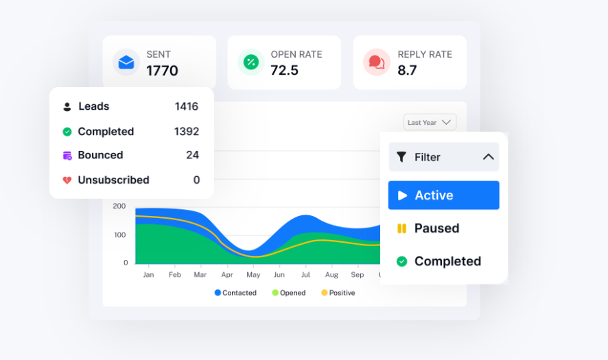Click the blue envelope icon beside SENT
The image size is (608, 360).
click(126, 62)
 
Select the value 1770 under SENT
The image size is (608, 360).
click(162, 71)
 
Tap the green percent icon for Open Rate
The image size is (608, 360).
click(251, 62)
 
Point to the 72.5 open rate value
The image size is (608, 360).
click(284, 71)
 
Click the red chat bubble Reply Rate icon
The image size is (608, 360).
click(376, 62)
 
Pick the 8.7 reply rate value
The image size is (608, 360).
click(407, 71)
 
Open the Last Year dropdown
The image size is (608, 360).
click(430, 123)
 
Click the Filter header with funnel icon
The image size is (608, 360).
click(443, 157)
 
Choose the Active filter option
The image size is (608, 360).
click(443, 195)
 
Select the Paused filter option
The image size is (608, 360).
click(436, 228)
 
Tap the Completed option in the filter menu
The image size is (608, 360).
click(447, 261)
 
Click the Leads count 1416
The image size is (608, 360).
click(186, 106)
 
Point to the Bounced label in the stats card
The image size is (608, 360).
click(100, 155)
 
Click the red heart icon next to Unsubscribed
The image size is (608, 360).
click(67, 180)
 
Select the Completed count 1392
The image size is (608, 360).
click(186, 132)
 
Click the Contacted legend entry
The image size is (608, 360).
click(235, 293)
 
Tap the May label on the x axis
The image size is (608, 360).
click(253, 274)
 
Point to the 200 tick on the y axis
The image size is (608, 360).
click(119, 206)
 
